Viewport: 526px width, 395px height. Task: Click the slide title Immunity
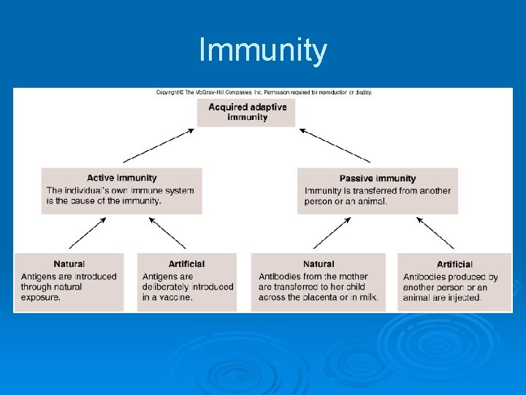[263, 51]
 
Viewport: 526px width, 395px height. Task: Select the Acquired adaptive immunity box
[247, 112]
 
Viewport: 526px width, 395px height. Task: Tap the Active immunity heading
[121, 178]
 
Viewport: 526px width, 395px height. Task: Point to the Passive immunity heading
[377, 178]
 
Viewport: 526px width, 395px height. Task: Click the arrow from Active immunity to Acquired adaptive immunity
[159, 146]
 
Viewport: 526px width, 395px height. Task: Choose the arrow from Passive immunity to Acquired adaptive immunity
[335, 146]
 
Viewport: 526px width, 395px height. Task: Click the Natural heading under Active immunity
[69, 264]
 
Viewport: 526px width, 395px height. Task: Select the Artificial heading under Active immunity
[186, 264]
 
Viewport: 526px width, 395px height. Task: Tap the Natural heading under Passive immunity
[318, 264]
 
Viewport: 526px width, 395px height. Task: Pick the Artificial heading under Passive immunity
[454, 264]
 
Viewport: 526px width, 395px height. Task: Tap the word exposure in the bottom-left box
[41, 298]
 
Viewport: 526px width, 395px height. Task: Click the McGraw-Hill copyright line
[264, 93]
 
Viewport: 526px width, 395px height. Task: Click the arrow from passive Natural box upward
[332, 233]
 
